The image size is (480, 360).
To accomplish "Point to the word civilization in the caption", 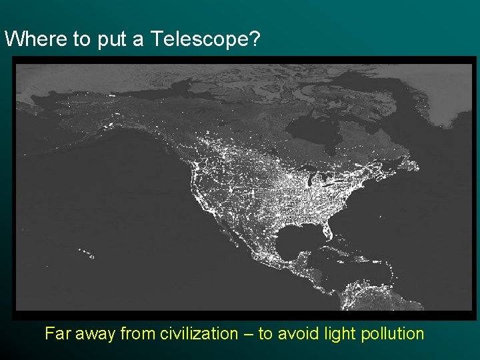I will point(199,333).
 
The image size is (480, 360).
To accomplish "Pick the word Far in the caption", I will point(57,333).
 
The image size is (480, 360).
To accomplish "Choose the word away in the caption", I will point(95,333).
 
